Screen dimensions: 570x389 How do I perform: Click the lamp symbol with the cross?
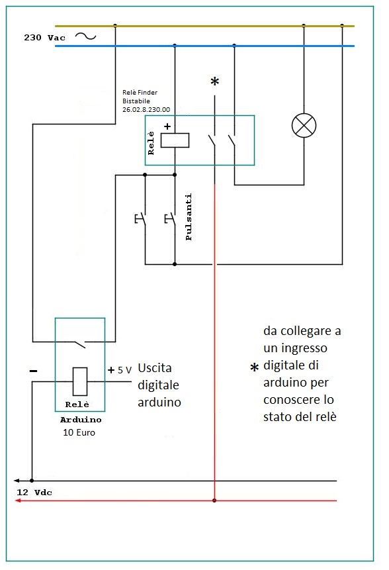(304, 125)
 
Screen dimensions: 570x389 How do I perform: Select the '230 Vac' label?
(44, 38)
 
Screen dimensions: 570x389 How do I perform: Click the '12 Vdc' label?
(34, 492)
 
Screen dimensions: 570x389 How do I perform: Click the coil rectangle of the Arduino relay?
(79, 381)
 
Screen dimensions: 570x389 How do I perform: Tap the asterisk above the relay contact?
(214, 83)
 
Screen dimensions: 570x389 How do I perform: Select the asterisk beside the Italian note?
(253, 368)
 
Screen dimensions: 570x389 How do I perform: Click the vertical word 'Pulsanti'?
(189, 217)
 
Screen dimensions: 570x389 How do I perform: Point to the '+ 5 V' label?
(120, 370)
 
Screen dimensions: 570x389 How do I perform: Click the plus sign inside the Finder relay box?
(167, 126)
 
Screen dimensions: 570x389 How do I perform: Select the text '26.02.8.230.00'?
(146, 109)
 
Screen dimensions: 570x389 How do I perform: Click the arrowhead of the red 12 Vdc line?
(18, 501)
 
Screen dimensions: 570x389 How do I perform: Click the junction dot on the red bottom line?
(214, 501)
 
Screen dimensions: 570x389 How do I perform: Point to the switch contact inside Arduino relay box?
(79, 343)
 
